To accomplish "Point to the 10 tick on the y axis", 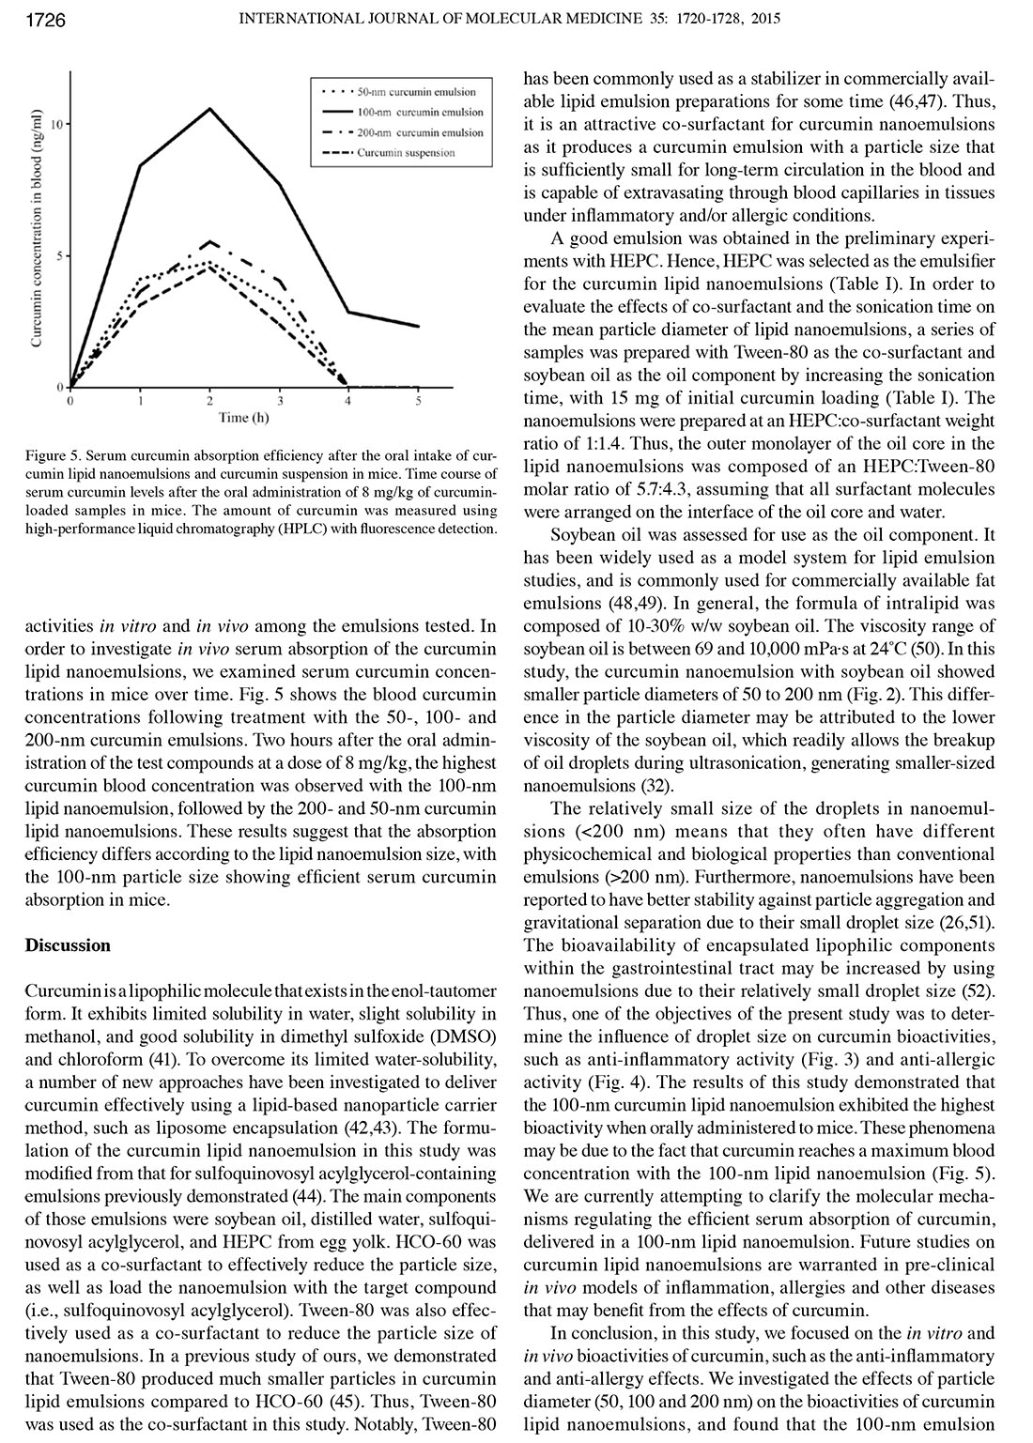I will coord(57,124).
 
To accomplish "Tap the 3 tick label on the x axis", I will coord(279,401).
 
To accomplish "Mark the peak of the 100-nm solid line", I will coord(210,108).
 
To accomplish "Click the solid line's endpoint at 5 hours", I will coord(418,327).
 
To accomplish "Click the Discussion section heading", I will coord(68,945).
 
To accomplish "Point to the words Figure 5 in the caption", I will coord(54,456).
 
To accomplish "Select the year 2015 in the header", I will coord(766,20).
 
